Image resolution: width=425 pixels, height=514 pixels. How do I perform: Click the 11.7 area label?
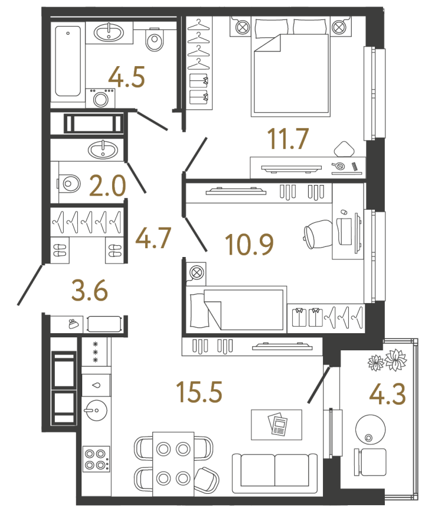click(x=288, y=139)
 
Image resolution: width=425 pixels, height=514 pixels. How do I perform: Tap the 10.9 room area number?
click(x=249, y=245)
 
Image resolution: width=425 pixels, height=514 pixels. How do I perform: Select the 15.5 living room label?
click(x=199, y=392)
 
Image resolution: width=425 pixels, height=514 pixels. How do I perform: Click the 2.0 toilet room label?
click(x=107, y=186)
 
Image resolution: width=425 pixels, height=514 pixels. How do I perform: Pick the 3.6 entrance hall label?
click(x=89, y=291)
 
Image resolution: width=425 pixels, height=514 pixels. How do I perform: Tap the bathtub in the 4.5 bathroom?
click(x=68, y=61)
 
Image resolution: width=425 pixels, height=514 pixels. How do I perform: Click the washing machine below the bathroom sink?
click(x=100, y=98)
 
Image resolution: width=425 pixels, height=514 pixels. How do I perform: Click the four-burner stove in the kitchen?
click(x=96, y=458)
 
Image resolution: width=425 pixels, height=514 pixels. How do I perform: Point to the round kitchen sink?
click(x=95, y=410)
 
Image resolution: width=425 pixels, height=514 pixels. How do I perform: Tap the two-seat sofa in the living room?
click(x=274, y=473)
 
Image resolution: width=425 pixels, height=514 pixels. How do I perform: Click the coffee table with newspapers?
click(x=277, y=425)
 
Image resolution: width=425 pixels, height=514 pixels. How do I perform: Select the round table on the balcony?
click(x=370, y=429)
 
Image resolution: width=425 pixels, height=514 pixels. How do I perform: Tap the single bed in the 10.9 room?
click(x=236, y=310)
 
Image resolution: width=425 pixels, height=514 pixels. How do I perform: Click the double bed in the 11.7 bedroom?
click(x=290, y=68)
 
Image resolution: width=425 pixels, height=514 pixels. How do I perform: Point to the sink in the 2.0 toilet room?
click(x=103, y=150)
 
